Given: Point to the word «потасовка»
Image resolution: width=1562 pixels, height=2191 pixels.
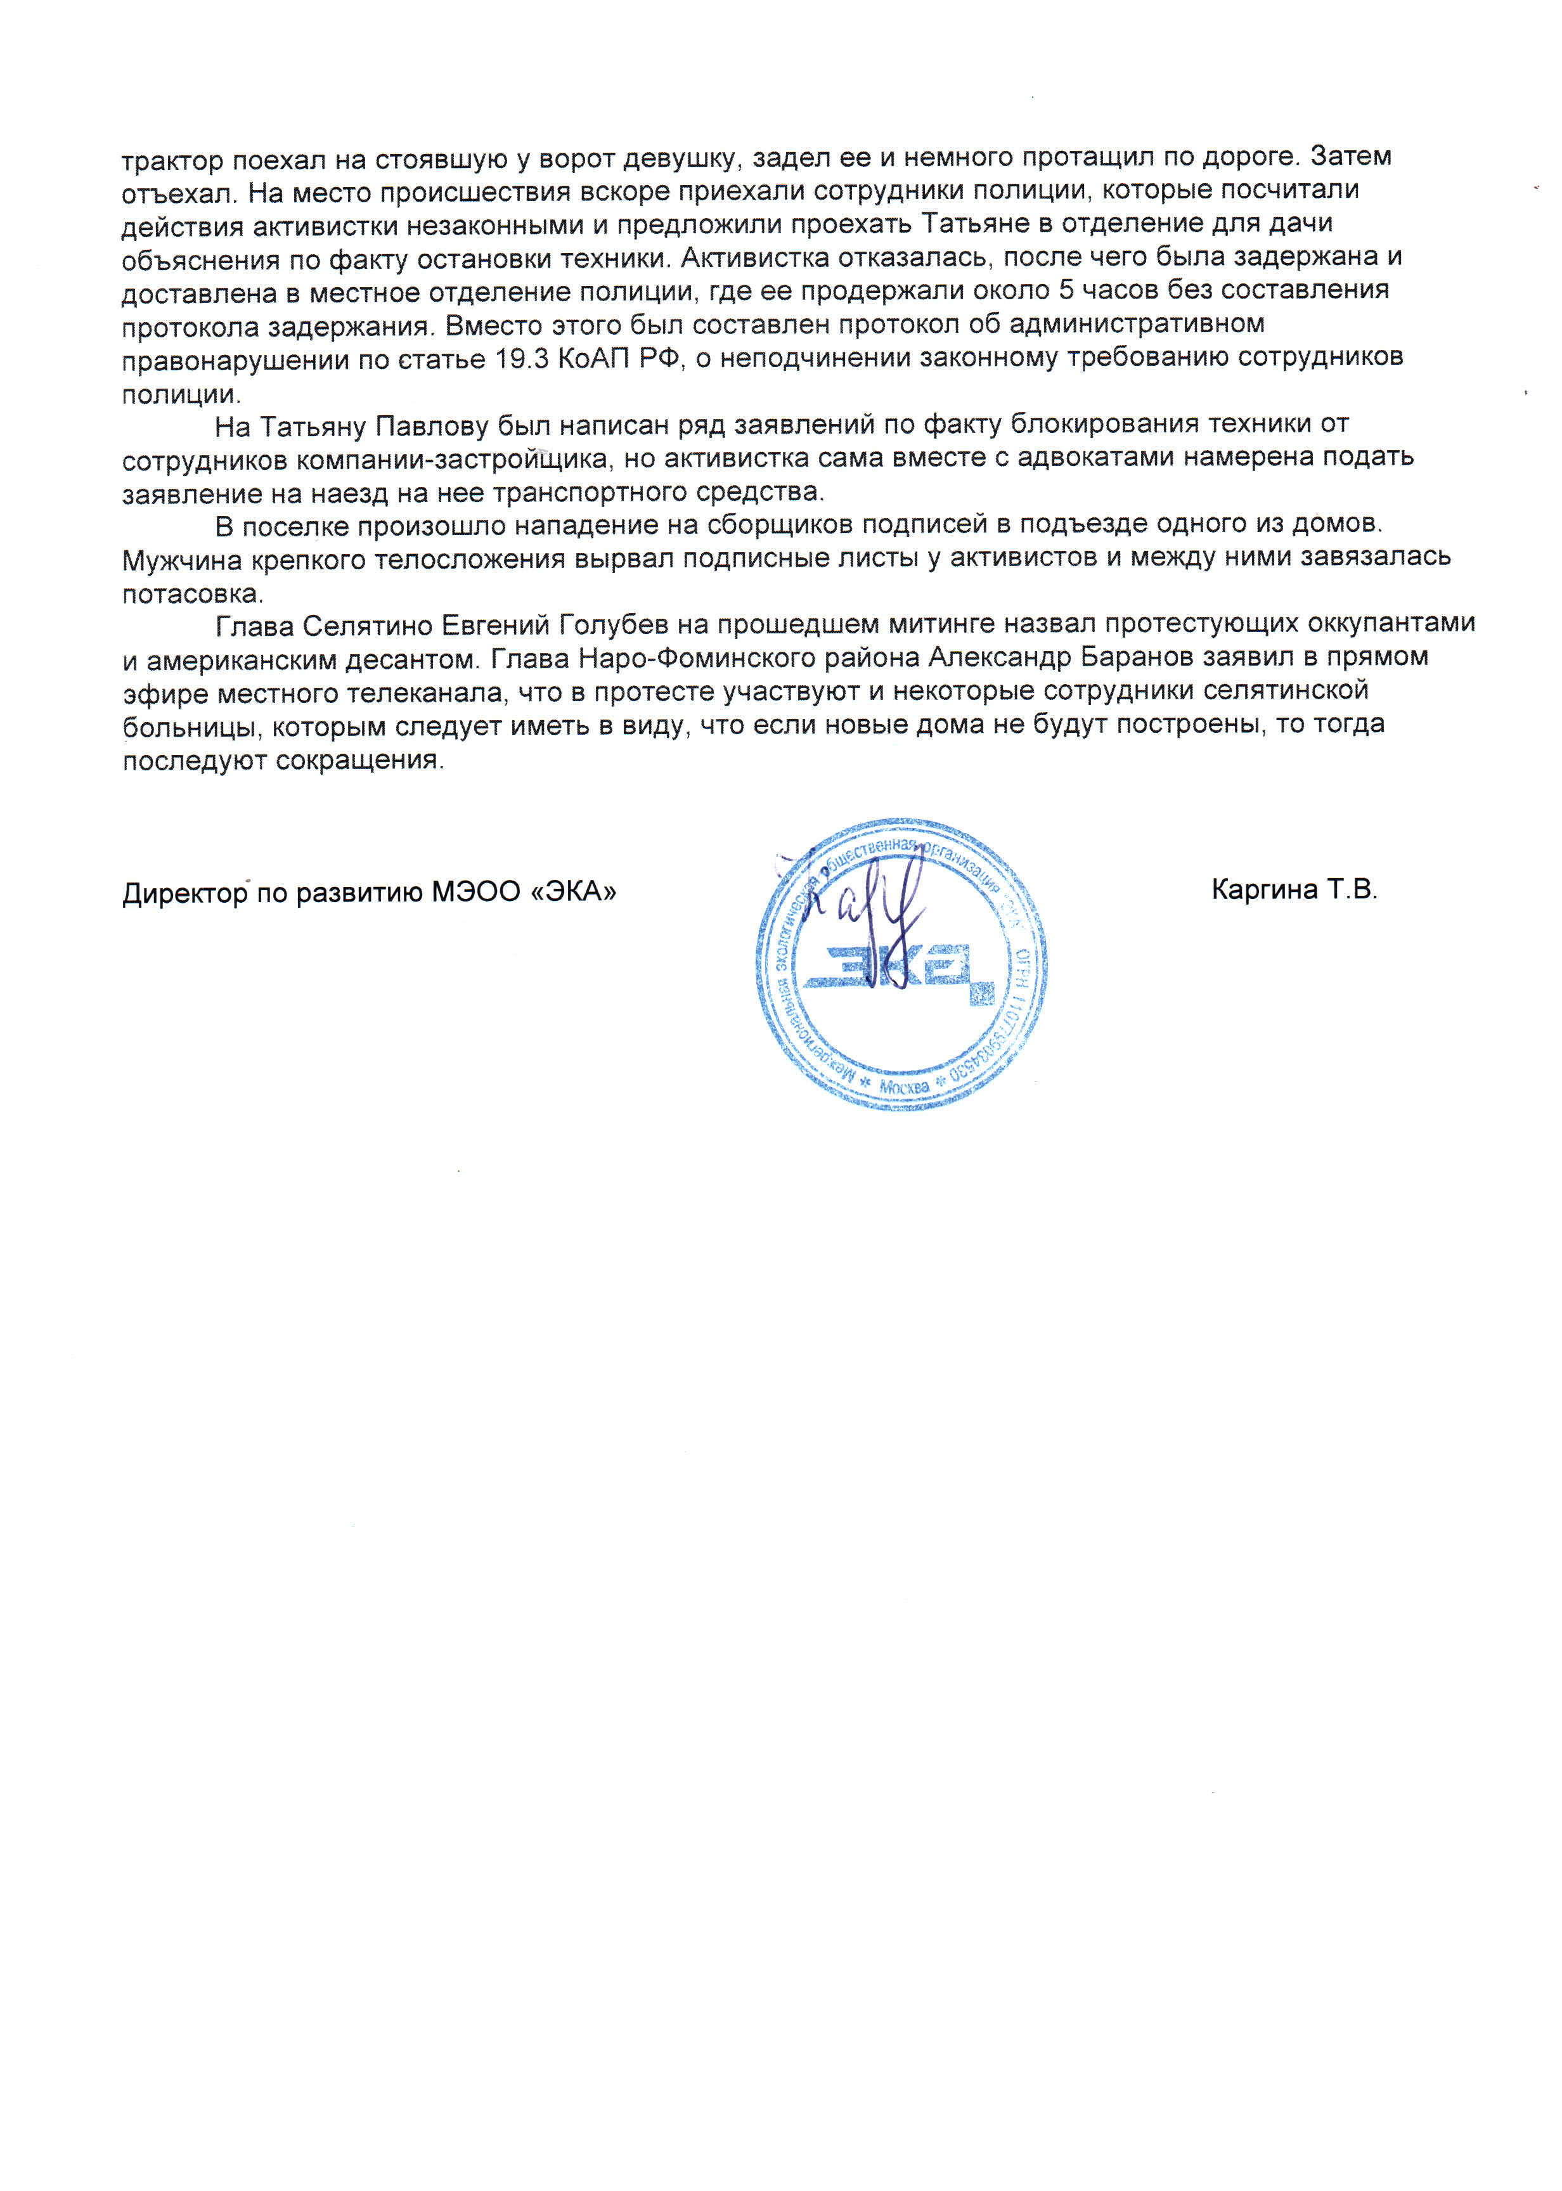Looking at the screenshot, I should [191, 593].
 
